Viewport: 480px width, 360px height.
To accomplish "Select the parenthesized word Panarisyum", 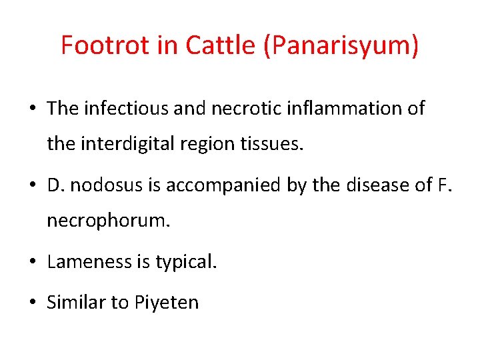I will coord(342,46).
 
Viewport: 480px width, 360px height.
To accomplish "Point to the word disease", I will coord(372,185).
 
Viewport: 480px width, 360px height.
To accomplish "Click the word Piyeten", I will coord(167,303).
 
